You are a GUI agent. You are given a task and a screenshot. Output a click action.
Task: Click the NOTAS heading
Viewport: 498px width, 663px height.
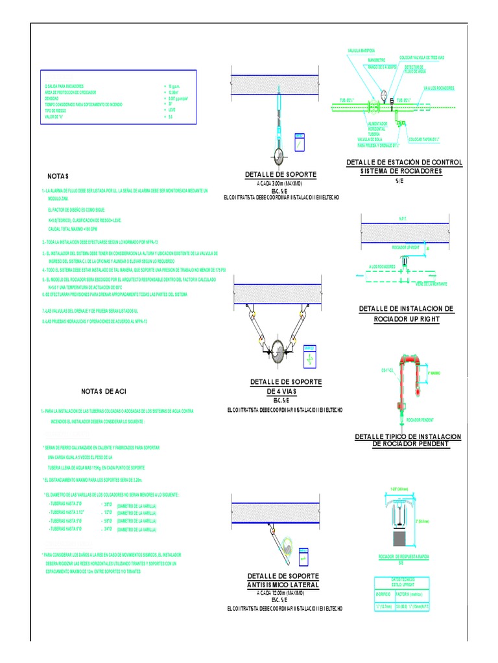click(58, 176)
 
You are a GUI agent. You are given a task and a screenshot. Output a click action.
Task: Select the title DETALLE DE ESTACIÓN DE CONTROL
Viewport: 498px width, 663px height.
click(404, 162)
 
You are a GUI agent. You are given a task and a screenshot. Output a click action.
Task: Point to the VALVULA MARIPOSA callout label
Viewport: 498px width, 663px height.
click(363, 50)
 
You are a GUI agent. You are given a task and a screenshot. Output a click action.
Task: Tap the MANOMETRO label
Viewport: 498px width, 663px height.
click(368, 60)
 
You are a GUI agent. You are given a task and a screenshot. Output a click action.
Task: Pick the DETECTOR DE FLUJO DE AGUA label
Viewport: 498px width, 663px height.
click(414, 68)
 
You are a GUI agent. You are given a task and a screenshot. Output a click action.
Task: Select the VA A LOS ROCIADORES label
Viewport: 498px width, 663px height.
click(439, 88)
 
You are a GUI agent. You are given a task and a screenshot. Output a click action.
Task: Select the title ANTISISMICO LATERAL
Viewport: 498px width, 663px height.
click(283, 585)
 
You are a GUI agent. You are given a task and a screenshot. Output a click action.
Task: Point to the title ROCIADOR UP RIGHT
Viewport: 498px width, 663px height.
click(407, 319)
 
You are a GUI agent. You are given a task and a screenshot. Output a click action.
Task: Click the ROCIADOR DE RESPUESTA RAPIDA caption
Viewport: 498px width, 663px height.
click(403, 557)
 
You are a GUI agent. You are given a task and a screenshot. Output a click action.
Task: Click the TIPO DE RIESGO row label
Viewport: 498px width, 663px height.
click(56, 111)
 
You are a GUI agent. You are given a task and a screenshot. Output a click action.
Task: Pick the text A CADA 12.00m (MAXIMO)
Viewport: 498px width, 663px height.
click(283, 592)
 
